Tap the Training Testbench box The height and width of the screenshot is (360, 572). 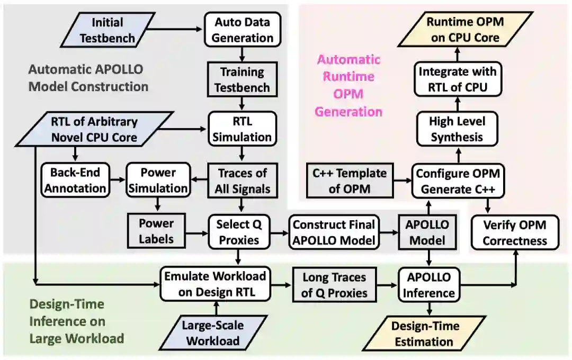pos(243,80)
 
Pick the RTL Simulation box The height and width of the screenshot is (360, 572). pos(243,129)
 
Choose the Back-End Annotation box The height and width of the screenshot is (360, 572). pos(75,181)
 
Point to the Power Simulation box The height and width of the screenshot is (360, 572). pos(157,181)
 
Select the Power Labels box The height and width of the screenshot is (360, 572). pos(156,231)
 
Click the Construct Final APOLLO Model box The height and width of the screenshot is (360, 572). pos(335,231)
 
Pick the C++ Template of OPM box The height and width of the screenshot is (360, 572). pos(350,181)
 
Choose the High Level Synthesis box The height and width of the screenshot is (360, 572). pos(457,129)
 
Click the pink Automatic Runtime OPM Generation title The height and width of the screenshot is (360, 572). pos(348,85)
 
